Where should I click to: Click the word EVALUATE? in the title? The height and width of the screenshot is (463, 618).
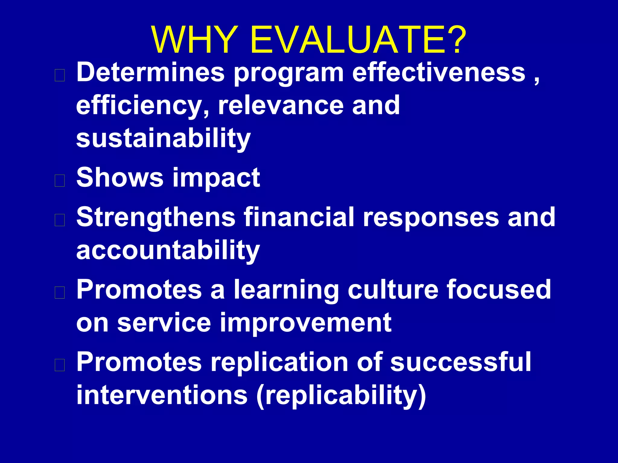pyautogui.click(x=358, y=40)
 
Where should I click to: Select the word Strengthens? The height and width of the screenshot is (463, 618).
pyautogui.click(x=156, y=218)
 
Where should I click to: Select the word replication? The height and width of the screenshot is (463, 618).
pyautogui.click(x=279, y=362)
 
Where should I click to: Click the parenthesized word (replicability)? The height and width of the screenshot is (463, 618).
pyautogui.click(x=341, y=395)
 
